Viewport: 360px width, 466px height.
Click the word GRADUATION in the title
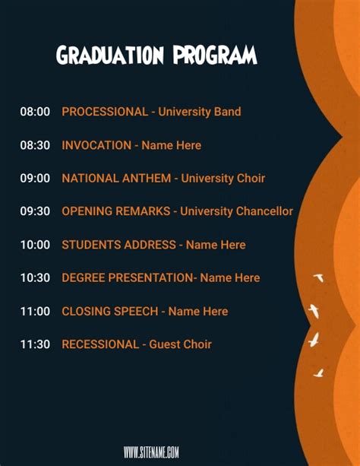pos(111,55)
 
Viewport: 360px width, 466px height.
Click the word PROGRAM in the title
pos(215,55)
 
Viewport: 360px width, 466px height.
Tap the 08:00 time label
pos(35,112)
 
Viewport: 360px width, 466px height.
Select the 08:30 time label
pos(35,145)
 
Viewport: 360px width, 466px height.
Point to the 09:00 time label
pos(35,179)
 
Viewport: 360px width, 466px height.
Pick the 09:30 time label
pos(35,211)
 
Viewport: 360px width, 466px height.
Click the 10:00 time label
pos(35,245)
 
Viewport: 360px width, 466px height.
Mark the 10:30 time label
pos(35,278)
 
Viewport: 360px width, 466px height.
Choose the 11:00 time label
pos(35,311)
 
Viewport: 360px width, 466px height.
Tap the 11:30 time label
pos(35,344)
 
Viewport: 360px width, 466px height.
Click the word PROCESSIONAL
pos(105,112)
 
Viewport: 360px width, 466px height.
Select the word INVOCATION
pos(96,145)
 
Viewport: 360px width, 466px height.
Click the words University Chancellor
pos(236,211)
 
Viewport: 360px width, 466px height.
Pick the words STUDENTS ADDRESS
pos(118,245)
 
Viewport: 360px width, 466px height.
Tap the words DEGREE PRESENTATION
pos(127,278)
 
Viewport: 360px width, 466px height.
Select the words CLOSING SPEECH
pos(110,311)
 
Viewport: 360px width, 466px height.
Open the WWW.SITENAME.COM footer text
pos(151,452)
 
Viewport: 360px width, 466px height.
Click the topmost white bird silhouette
pos(318,278)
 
